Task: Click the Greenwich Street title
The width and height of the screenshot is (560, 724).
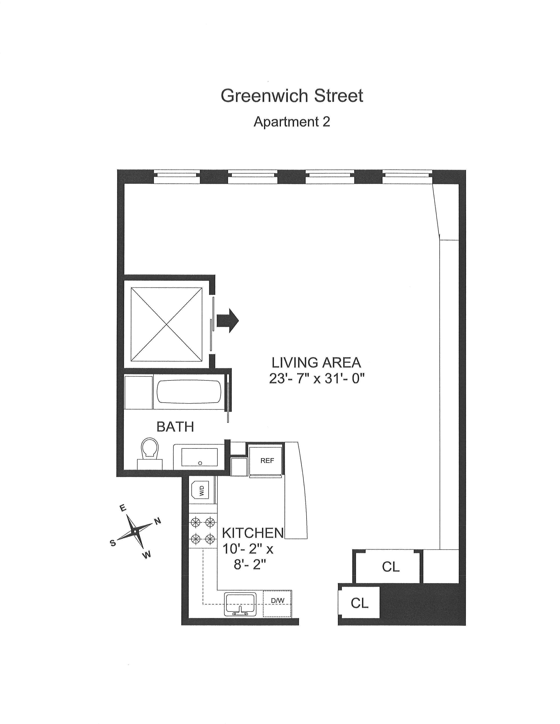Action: [292, 96]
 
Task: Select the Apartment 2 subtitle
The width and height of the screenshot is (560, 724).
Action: [292, 122]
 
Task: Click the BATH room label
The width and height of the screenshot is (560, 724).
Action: [175, 427]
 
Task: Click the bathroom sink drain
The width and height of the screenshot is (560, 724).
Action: [200, 463]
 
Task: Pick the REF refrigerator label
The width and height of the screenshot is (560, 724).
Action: [267, 461]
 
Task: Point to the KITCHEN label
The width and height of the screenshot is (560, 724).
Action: [253, 533]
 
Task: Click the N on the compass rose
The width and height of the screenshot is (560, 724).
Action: [158, 521]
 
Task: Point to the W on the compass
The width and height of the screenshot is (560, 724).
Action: [148, 555]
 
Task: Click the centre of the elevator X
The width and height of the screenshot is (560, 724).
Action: [166, 324]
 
